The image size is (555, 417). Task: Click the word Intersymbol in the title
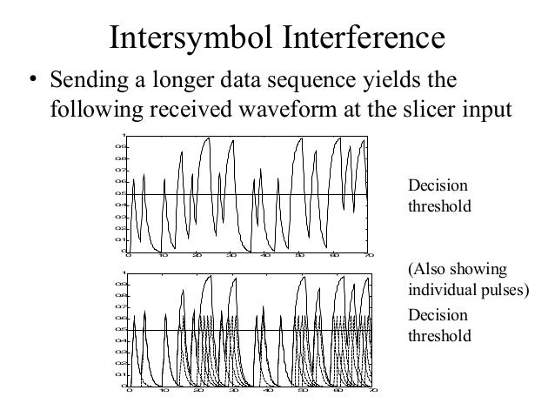tap(190, 37)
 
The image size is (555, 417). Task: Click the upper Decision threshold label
tap(438, 197)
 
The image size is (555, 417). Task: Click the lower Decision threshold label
tap(438, 324)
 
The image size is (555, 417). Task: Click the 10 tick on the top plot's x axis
tap(163, 257)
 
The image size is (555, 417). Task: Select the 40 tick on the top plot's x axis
tap(265, 257)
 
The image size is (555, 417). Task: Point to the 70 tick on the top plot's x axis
tap(368, 257)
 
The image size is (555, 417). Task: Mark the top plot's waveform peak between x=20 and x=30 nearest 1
tap(207, 138)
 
